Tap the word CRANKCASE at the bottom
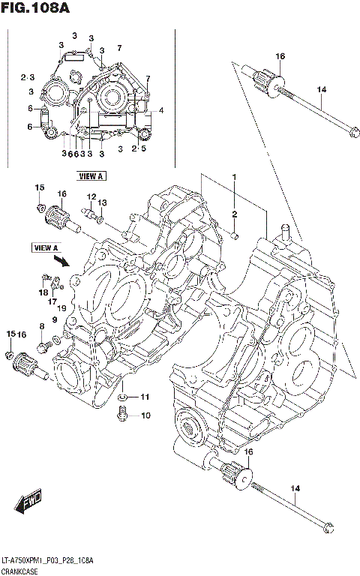(x=22, y=571)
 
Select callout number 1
(x=234, y=177)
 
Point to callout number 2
(x=234, y=214)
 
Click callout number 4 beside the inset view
(x=160, y=111)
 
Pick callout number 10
(x=145, y=415)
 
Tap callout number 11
(x=145, y=397)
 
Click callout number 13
(x=103, y=202)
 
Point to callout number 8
(x=43, y=326)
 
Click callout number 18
(x=43, y=292)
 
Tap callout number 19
(x=63, y=307)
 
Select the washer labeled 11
(x=122, y=397)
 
